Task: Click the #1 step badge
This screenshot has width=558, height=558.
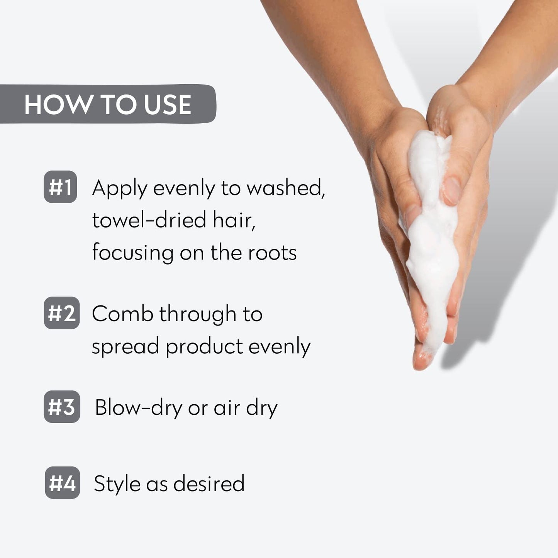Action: click(x=60, y=187)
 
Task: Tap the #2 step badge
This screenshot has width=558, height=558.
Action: click(x=62, y=313)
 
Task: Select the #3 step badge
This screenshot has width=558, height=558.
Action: click(x=62, y=407)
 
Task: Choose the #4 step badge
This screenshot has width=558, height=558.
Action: click(x=62, y=483)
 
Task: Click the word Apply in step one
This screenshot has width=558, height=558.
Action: click(x=120, y=189)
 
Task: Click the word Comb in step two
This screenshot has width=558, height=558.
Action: click(x=122, y=314)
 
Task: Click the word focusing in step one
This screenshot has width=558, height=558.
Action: click(x=132, y=253)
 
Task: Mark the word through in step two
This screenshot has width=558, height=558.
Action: click(x=198, y=314)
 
